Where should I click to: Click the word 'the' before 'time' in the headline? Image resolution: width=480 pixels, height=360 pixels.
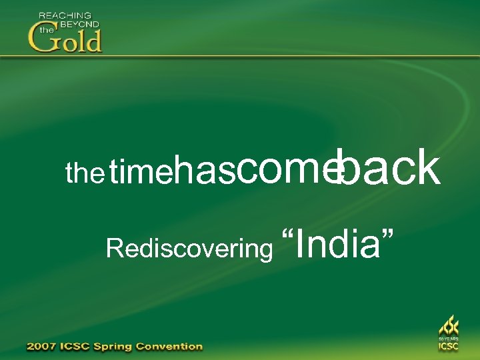[85, 174]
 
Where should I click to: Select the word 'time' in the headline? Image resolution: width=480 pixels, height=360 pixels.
[141, 174]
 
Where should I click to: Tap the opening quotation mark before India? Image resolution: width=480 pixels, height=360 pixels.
[289, 237]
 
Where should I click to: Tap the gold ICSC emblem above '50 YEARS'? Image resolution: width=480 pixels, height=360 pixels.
[448, 326]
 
